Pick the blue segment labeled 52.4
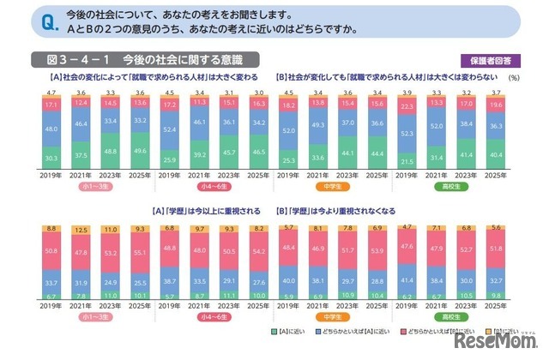(170, 130)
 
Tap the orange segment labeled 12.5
(81, 229)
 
